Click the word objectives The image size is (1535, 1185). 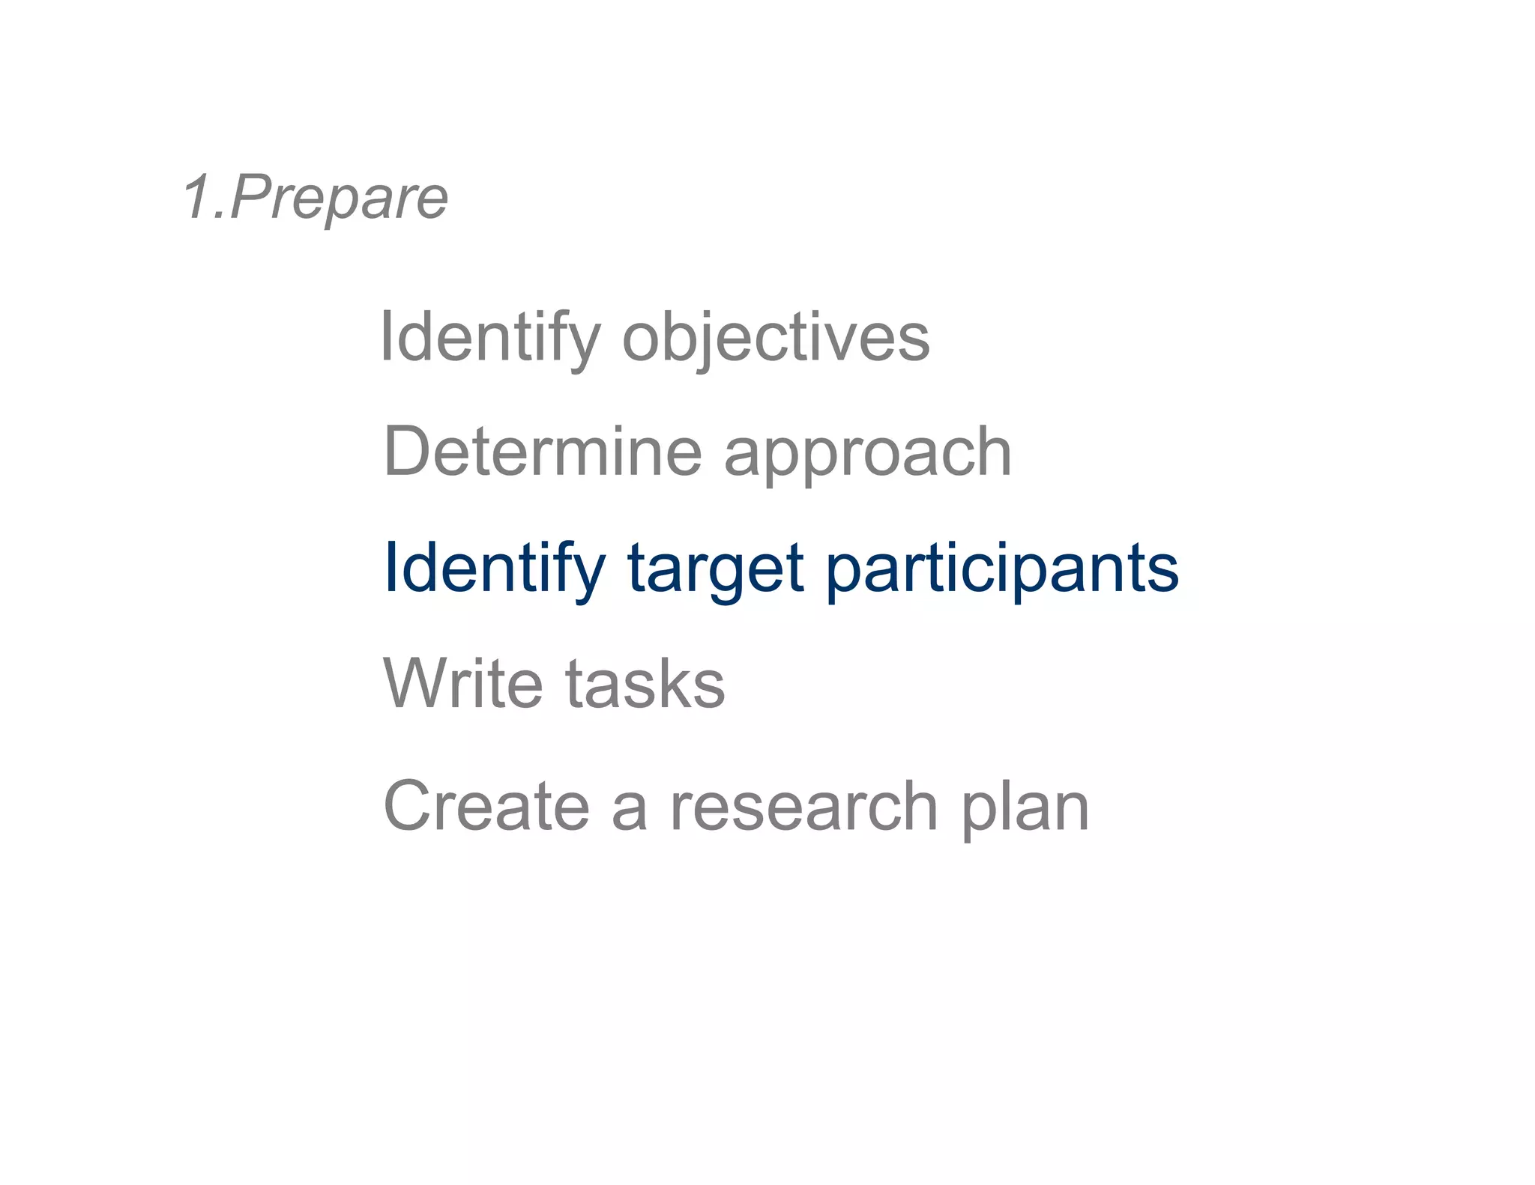(x=776, y=339)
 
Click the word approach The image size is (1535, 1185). (x=868, y=455)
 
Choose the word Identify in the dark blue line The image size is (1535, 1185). (x=494, y=569)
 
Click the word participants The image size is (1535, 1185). (x=1002, y=571)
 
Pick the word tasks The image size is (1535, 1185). (x=645, y=684)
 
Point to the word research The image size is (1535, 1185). (x=803, y=807)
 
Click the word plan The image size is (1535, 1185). (x=1025, y=810)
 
